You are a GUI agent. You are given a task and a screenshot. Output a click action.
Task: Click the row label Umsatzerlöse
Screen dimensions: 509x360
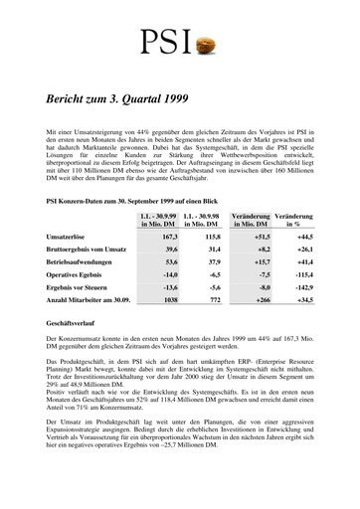coord(70,240)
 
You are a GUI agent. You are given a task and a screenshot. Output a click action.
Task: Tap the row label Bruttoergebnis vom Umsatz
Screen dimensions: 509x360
coord(90,255)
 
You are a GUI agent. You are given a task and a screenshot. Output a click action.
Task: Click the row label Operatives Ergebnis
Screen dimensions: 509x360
coord(80,286)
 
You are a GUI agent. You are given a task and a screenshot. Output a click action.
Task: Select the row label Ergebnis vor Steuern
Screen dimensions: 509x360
coord(81,302)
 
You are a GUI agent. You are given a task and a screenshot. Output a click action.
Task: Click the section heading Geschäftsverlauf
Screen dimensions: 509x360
coord(73,352)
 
